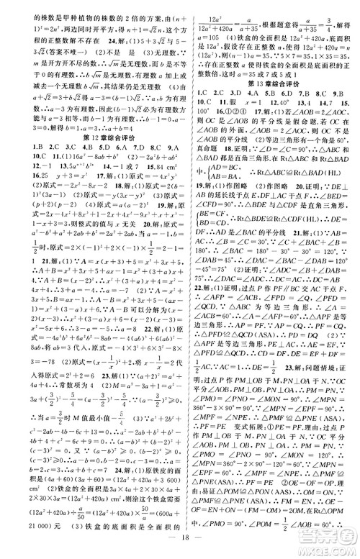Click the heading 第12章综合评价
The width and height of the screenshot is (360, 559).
(x=90, y=116)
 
